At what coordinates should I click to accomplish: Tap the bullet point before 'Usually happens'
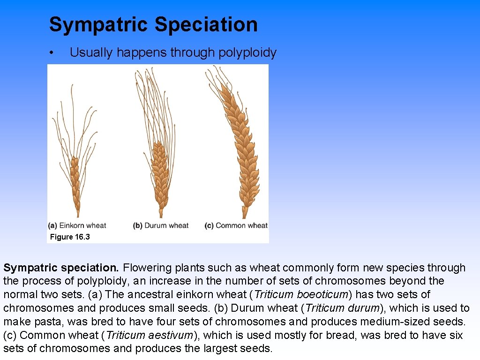(x=53, y=52)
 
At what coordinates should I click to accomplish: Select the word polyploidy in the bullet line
(x=247, y=52)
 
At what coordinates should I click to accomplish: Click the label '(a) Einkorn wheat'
(x=77, y=225)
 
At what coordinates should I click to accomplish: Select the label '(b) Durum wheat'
(x=161, y=225)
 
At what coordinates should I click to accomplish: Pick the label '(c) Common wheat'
(x=236, y=225)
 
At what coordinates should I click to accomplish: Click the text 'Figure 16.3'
(x=70, y=237)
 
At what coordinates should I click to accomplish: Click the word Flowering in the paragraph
(x=145, y=268)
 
